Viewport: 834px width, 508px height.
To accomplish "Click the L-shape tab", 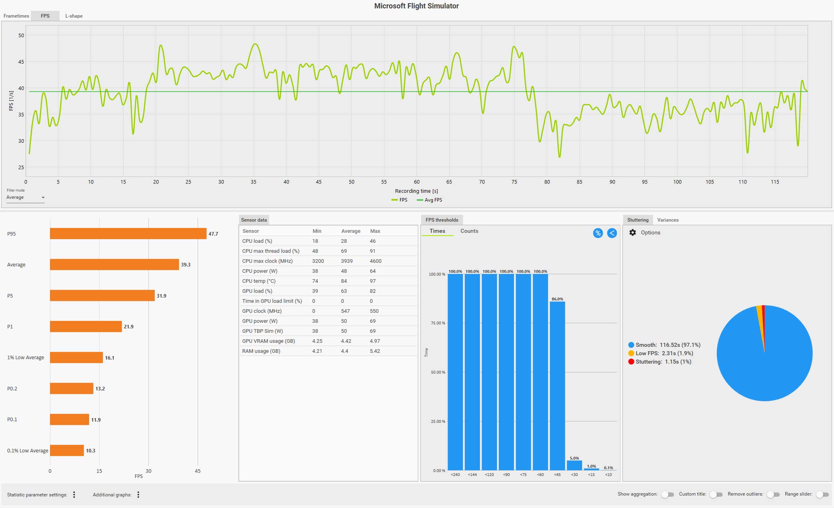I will coord(74,16).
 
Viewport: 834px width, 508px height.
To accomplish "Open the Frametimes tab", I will coord(16,16).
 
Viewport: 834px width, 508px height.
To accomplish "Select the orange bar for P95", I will coord(128,234).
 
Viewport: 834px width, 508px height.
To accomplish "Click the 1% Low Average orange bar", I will coord(76,358).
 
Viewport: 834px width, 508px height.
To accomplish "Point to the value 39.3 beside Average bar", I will coord(186,265).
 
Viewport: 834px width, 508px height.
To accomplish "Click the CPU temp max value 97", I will coord(373,281).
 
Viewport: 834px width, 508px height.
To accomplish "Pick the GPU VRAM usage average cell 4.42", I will coord(346,341).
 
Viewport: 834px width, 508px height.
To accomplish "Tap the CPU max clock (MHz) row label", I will coord(267,261).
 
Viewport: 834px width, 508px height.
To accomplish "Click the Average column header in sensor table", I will coord(350,231).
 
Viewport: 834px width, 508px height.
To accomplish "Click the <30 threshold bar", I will coord(574,465).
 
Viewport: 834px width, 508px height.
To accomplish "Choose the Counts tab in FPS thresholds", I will coord(469,231).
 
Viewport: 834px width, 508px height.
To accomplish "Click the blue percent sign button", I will coord(598,233).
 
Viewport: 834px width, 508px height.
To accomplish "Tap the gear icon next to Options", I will coord(632,233).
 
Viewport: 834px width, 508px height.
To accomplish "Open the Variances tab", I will coord(668,220).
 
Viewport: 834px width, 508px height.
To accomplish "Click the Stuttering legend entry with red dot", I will coord(660,362).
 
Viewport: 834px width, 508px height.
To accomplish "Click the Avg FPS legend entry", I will coord(430,200).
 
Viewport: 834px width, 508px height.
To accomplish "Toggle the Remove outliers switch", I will coord(773,495).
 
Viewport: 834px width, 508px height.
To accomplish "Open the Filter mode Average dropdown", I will coord(25,198).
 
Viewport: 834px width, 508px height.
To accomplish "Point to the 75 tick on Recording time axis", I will coord(514,182).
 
